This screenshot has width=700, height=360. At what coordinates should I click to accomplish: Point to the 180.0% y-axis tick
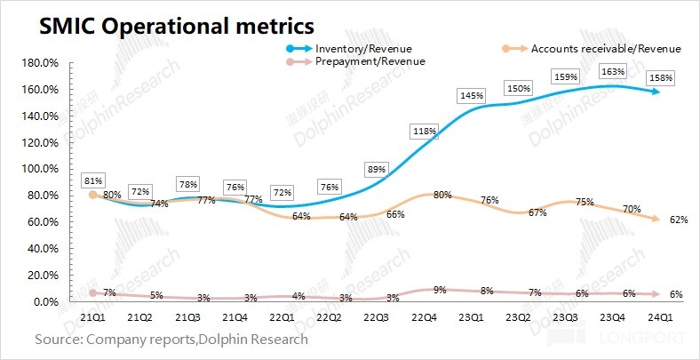point(39,63)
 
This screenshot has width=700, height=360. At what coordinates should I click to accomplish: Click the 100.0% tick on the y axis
point(39,169)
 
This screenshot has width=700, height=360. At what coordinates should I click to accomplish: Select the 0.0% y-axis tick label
point(44,302)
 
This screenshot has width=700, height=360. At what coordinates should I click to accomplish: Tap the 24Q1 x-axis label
point(658,317)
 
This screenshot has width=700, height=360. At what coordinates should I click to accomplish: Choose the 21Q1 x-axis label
point(93,317)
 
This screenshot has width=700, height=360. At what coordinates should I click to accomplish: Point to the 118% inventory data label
point(425,132)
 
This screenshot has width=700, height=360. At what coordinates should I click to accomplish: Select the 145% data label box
point(472,96)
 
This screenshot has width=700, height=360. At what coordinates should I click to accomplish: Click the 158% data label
point(661,78)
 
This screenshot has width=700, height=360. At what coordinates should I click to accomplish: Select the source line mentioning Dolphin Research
point(171,339)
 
